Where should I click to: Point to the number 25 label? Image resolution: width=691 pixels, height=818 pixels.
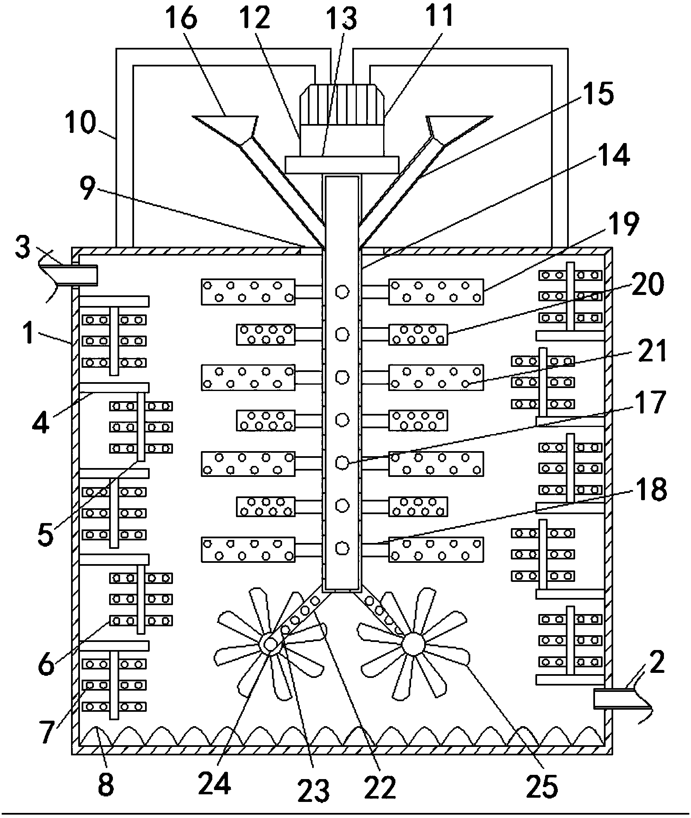pyautogui.click(x=543, y=786)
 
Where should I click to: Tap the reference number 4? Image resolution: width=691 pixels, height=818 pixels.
pyautogui.click(x=41, y=419)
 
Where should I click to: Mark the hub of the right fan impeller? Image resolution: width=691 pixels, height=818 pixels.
pyautogui.click(x=413, y=644)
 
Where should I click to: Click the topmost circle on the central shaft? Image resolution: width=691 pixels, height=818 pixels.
pyautogui.click(x=342, y=291)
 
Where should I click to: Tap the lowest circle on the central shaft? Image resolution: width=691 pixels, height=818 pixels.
pyautogui.click(x=342, y=548)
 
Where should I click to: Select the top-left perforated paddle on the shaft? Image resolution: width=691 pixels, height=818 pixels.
pyautogui.click(x=248, y=291)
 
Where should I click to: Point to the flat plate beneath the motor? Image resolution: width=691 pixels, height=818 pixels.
pyautogui.click(x=342, y=165)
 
